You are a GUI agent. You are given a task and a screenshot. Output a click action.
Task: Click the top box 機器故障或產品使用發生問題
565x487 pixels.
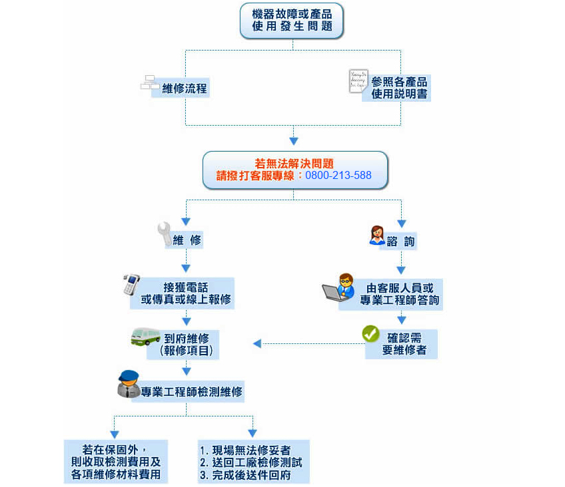pyautogui.click(x=292, y=21)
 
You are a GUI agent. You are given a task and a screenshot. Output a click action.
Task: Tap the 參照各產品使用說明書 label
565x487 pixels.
pyautogui.click(x=400, y=88)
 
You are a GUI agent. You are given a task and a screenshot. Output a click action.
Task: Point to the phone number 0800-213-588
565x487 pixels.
pyautogui.click(x=338, y=176)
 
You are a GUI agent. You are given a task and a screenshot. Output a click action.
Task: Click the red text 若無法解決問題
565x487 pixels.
pyautogui.click(x=294, y=164)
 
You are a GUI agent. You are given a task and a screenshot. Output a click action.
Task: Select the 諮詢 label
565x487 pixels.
pyautogui.click(x=400, y=242)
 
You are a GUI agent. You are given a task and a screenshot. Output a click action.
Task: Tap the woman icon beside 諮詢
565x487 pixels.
pyautogui.click(x=376, y=236)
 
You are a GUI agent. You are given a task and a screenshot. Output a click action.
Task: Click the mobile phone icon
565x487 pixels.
pyautogui.click(x=131, y=284)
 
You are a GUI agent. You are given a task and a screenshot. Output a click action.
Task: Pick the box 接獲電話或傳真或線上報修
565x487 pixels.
pyautogui.click(x=186, y=293)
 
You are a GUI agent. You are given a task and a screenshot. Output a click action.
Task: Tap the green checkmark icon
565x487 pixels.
pyautogui.click(x=370, y=334)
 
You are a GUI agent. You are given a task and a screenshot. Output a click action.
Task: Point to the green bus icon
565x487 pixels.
pyautogui.click(x=145, y=336)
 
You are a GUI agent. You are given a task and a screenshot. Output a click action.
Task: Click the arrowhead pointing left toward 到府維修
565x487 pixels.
pyautogui.click(x=257, y=344)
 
